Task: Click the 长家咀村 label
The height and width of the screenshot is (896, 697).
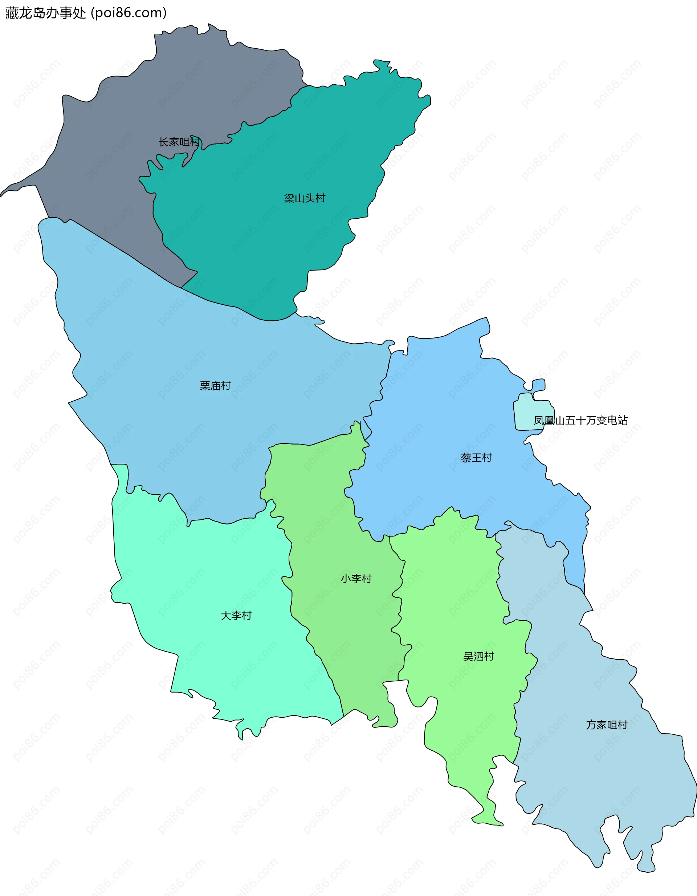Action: (179, 142)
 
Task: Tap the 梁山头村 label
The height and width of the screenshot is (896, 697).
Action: (304, 199)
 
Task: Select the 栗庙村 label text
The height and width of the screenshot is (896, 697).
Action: (215, 386)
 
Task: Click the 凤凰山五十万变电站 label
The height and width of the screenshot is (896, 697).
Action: (580, 421)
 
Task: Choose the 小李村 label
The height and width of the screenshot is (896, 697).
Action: (356, 579)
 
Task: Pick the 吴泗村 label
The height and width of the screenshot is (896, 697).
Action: (478, 657)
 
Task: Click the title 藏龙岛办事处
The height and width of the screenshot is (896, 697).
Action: (45, 13)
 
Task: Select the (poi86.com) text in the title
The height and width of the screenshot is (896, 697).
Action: (129, 13)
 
